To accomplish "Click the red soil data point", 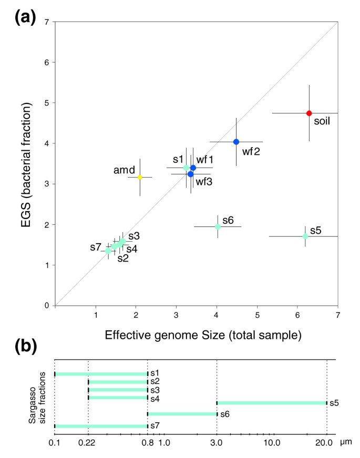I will [309, 113].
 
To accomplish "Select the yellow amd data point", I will [140, 177].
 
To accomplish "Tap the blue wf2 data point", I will [236, 142].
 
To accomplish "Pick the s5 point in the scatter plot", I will [305, 236].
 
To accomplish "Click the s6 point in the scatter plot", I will [218, 226].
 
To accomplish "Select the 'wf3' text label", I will [204, 182].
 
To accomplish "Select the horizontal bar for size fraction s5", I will [272, 403].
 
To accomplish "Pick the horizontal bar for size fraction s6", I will [182, 414].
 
